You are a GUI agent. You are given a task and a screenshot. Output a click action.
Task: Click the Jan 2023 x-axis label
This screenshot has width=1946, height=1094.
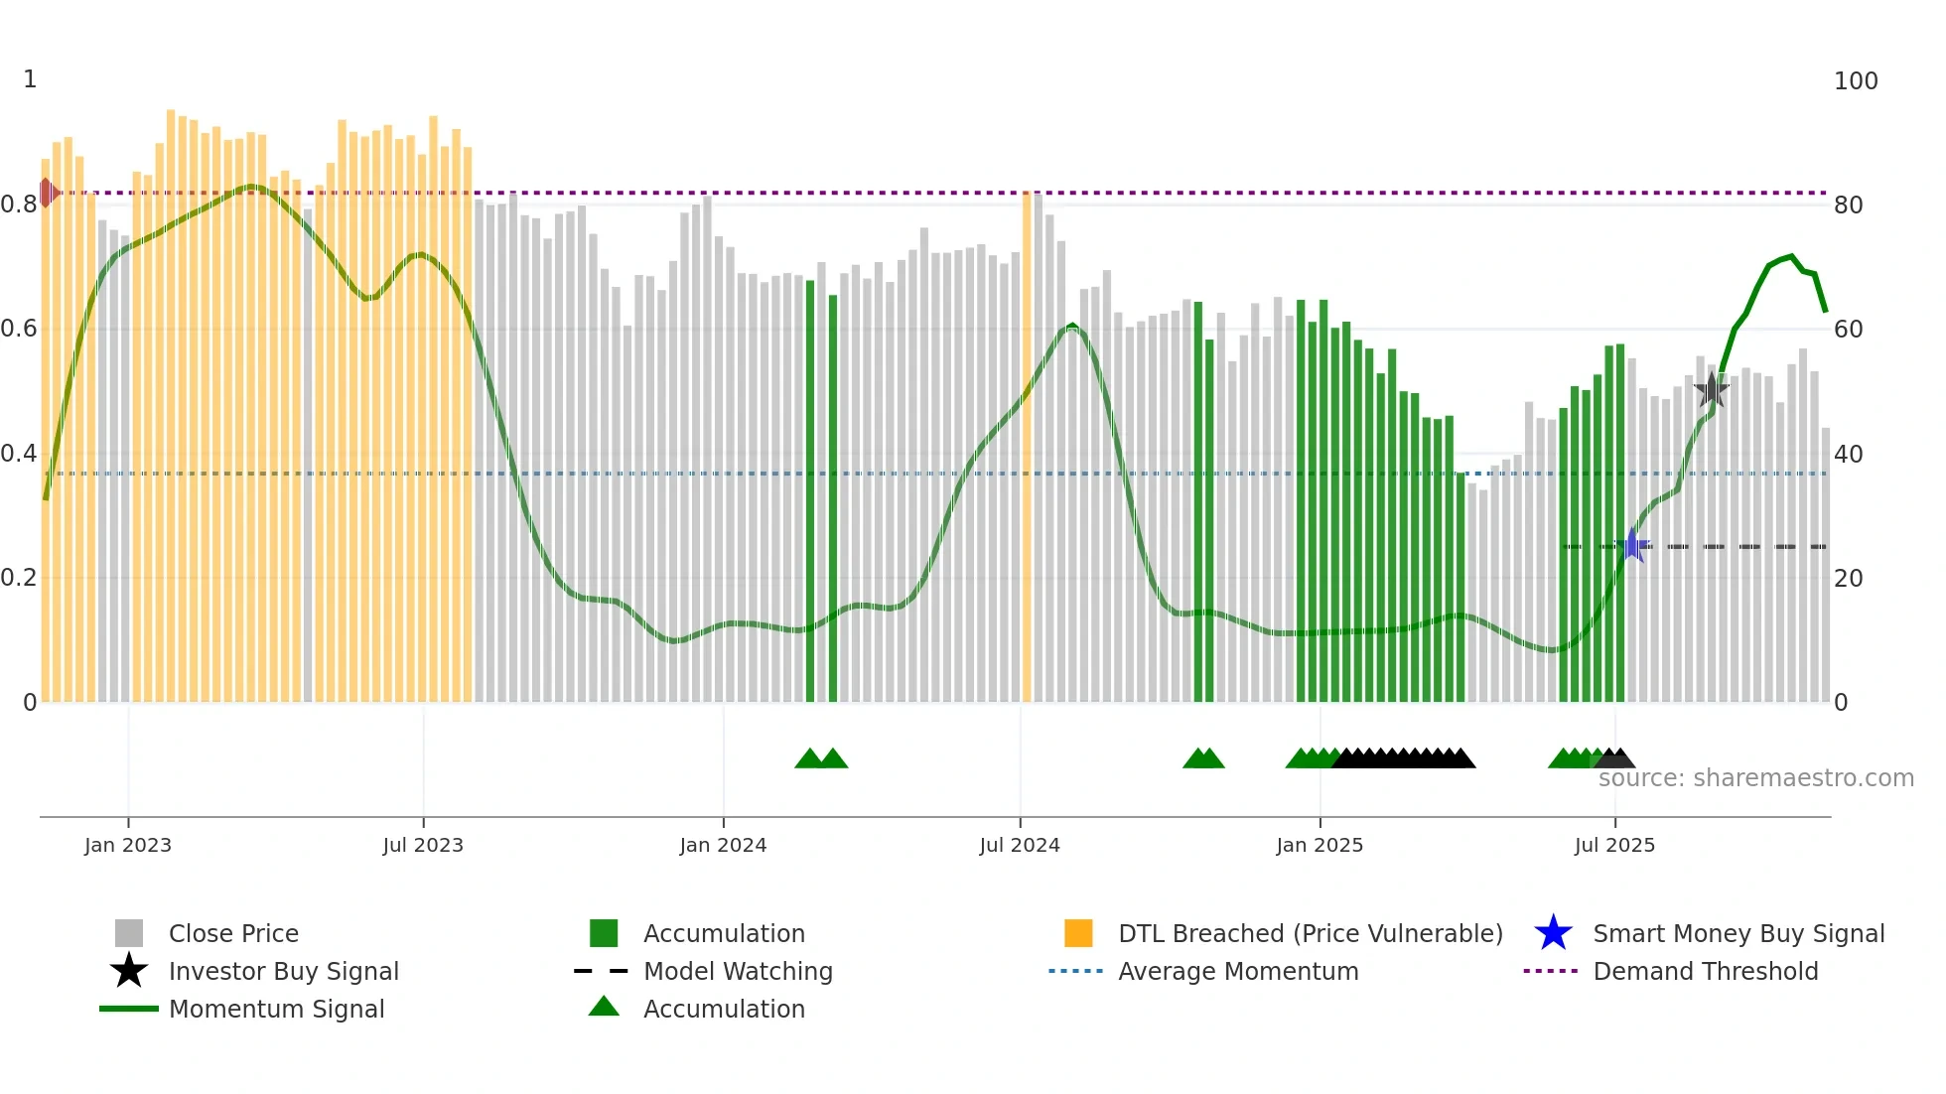(127, 845)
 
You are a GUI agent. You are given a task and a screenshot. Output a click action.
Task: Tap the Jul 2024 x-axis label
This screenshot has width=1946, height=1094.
(1019, 845)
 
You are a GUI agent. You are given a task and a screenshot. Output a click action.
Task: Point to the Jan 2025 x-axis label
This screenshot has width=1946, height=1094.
(1319, 845)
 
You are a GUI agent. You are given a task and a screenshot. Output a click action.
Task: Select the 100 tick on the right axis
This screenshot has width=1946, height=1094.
(1855, 81)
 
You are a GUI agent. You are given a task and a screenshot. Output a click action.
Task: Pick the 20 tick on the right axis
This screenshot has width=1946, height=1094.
(1848, 578)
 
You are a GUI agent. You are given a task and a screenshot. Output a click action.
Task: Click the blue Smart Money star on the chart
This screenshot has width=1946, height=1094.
(1632, 545)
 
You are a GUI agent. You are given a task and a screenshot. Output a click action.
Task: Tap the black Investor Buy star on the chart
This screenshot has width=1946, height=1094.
(1711, 390)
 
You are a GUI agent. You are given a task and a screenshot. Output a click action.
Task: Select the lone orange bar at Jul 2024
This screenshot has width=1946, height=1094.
(1027, 447)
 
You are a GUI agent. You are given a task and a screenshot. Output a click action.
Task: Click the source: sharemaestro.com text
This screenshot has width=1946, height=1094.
(1755, 778)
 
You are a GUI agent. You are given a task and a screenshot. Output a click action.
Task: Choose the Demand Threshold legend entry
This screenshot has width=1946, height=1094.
(1705, 971)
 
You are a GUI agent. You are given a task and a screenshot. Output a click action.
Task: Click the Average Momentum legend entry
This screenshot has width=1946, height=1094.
(1237, 971)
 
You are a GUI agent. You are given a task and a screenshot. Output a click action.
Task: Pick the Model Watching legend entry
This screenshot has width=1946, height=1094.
(737, 971)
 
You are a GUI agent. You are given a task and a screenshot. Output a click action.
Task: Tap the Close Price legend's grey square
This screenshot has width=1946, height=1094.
(129, 933)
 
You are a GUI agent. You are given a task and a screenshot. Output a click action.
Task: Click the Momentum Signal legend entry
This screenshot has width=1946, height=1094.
(276, 1009)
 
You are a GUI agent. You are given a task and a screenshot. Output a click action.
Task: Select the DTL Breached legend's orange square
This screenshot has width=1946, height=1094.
(1078, 933)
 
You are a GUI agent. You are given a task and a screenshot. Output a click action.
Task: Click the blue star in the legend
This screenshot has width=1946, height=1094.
(1553, 933)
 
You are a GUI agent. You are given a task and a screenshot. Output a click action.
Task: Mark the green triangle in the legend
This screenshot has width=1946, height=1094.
(604, 1008)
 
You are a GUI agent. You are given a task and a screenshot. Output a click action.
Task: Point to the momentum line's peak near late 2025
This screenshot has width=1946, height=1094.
(1791, 256)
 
